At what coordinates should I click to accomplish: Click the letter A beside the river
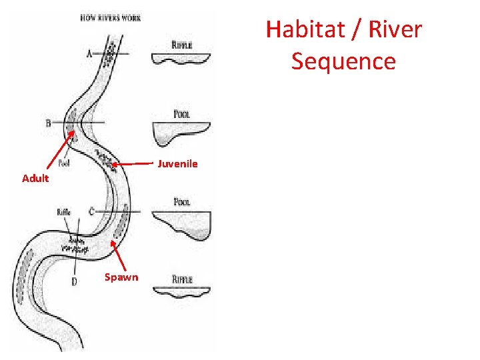[x=89, y=54]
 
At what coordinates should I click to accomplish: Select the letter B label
[x=48, y=123]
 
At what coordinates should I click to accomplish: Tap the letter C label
[x=91, y=212]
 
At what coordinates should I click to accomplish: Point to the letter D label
[x=74, y=281]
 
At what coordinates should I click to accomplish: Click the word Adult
[x=35, y=179]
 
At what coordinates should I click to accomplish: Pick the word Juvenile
[x=177, y=163]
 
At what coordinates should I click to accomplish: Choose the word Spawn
[x=121, y=277]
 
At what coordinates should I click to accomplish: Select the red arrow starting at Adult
[x=59, y=151]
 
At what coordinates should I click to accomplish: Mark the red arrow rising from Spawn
[x=117, y=257]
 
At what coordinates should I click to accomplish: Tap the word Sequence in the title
[x=343, y=61]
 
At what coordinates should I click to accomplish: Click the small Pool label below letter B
[x=65, y=162]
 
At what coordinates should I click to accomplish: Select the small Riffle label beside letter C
[x=64, y=212]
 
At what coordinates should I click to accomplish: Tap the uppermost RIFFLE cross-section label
[x=181, y=45]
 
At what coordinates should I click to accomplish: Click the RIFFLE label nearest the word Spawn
[x=181, y=280]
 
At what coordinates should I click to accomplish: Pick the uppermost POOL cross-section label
[x=181, y=115]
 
